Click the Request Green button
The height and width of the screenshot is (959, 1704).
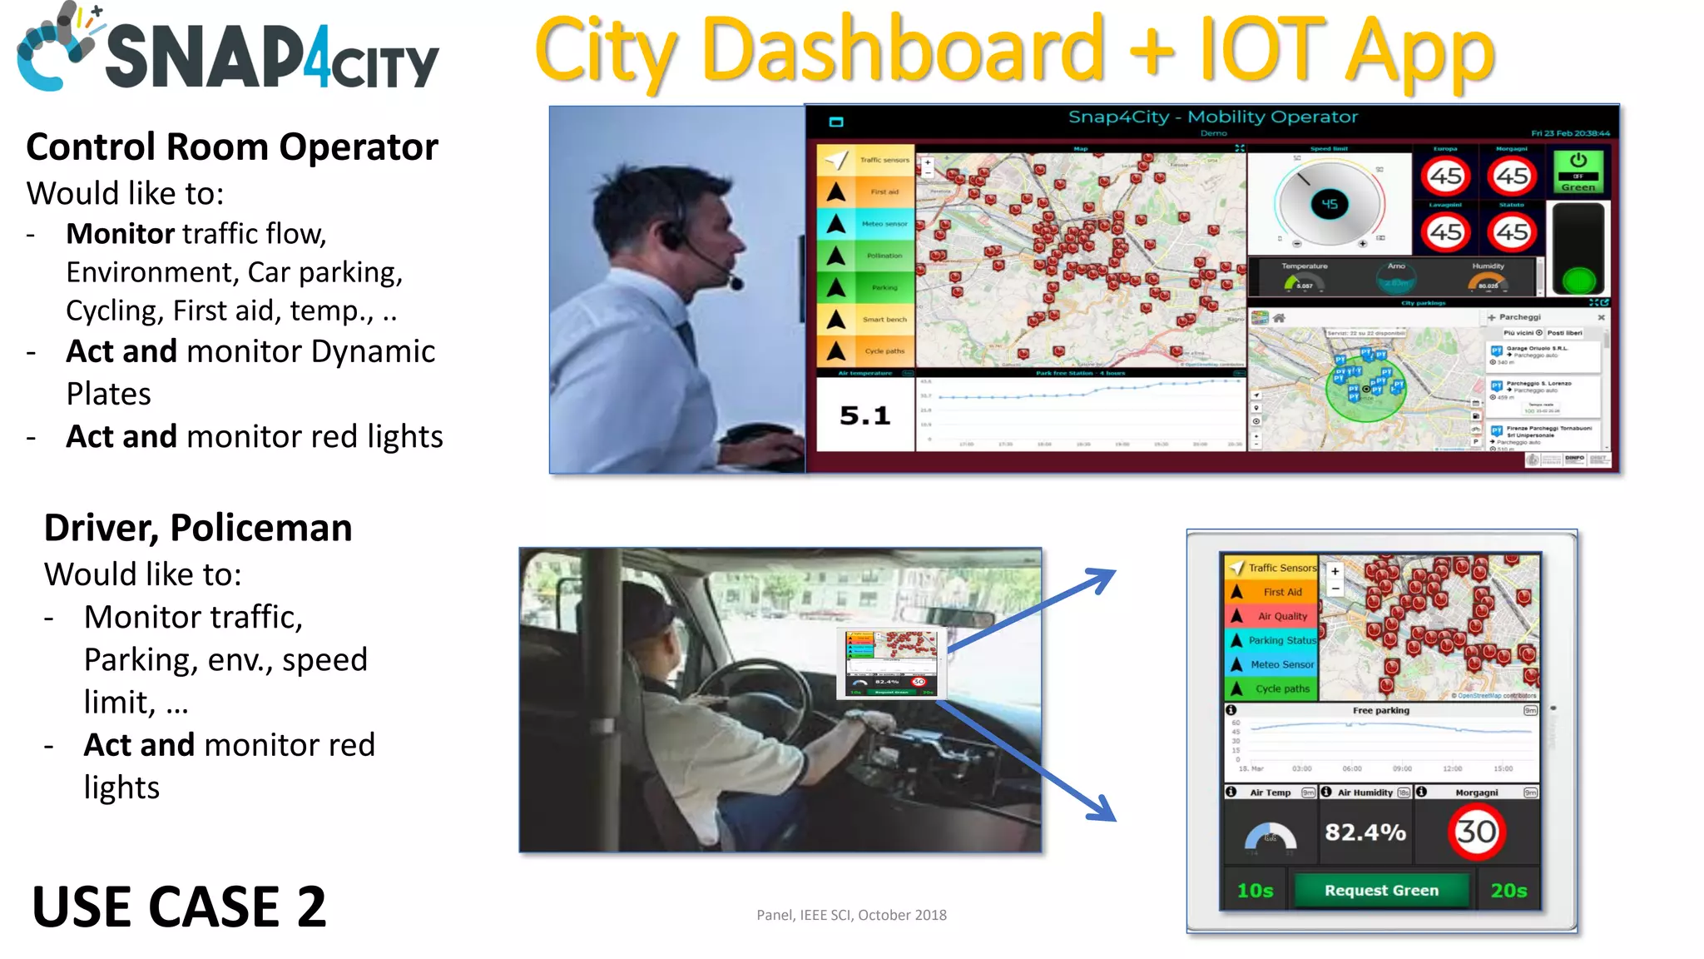click(x=1381, y=890)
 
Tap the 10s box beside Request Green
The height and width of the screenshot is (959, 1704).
click(x=1255, y=891)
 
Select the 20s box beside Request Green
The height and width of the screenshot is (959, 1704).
click(x=1508, y=891)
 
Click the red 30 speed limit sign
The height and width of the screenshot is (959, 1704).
click(x=1476, y=832)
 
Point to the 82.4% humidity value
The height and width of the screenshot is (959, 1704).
click(x=1365, y=832)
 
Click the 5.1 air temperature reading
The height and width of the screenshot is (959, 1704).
click(x=864, y=415)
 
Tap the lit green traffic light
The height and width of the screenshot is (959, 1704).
click(x=1578, y=280)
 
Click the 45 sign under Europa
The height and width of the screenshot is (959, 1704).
click(x=1445, y=176)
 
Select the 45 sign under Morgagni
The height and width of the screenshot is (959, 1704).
click(x=1512, y=176)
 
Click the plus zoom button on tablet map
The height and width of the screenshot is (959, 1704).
click(x=1335, y=571)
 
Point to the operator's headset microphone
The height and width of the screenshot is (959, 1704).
click(x=736, y=283)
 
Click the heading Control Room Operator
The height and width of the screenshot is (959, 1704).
click(x=232, y=147)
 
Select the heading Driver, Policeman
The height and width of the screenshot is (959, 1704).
click(x=198, y=528)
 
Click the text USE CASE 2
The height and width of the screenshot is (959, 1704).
click(x=179, y=907)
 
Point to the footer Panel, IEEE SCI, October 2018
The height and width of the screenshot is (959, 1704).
click(x=851, y=915)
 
